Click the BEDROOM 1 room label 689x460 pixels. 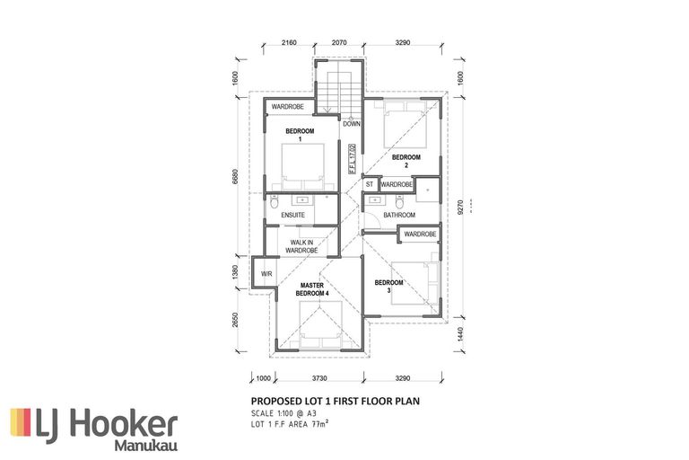click(294, 136)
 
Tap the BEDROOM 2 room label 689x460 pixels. click(406, 161)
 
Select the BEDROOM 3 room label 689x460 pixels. click(388, 287)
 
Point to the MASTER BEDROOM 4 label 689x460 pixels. click(312, 289)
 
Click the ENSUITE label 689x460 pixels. click(293, 216)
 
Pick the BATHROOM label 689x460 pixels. click(399, 216)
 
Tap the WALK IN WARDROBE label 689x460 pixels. click(302, 246)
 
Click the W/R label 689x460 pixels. click(266, 273)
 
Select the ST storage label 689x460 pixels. click(369, 185)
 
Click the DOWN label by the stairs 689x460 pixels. click(351, 124)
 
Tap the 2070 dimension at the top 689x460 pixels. click(338, 42)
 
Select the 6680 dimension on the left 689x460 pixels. click(236, 180)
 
